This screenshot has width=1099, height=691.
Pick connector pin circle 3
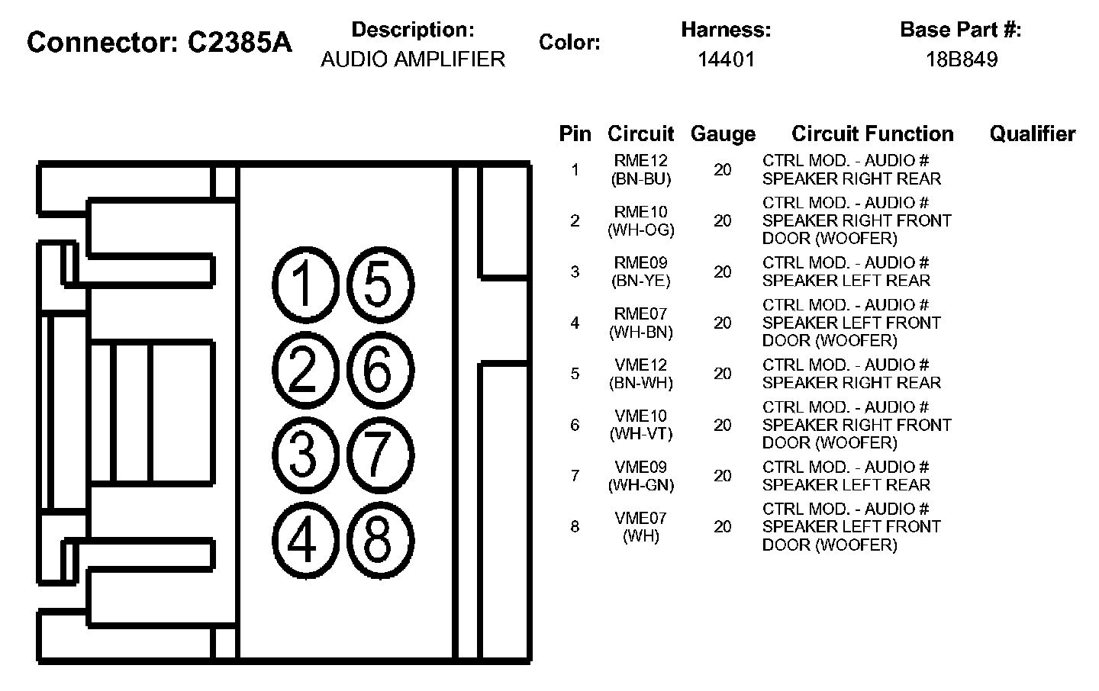click(304, 455)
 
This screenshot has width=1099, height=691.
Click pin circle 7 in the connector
click(379, 455)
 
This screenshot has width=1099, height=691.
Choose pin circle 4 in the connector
click(304, 540)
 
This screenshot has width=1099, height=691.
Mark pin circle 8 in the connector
click(379, 540)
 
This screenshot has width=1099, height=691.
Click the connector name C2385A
click(240, 43)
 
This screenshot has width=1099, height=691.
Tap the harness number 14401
click(726, 59)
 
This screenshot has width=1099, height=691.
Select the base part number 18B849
click(961, 59)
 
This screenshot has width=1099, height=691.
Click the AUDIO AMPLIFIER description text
click(413, 59)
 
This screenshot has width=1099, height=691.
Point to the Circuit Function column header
click(872, 134)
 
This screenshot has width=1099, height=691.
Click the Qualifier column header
click(1032, 134)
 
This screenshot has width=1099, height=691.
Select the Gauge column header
click(723, 134)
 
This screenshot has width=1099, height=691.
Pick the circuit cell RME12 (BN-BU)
click(641, 170)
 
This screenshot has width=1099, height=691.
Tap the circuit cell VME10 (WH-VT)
click(641, 425)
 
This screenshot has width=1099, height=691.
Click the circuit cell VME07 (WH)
click(641, 527)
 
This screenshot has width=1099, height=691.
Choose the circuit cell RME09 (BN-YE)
click(641, 272)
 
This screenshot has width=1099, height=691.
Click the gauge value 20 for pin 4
click(723, 323)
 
